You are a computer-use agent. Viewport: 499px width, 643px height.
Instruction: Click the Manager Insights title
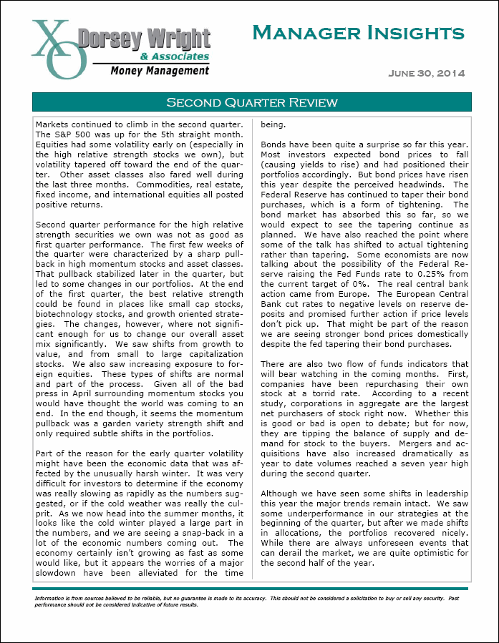(x=358, y=33)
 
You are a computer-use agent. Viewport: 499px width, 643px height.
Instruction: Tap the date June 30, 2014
(x=427, y=74)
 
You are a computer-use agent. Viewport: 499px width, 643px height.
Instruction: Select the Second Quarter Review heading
(x=251, y=102)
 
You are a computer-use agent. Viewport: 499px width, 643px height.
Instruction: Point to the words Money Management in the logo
(x=160, y=70)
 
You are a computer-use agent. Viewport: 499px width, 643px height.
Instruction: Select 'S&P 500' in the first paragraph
(x=72, y=134)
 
